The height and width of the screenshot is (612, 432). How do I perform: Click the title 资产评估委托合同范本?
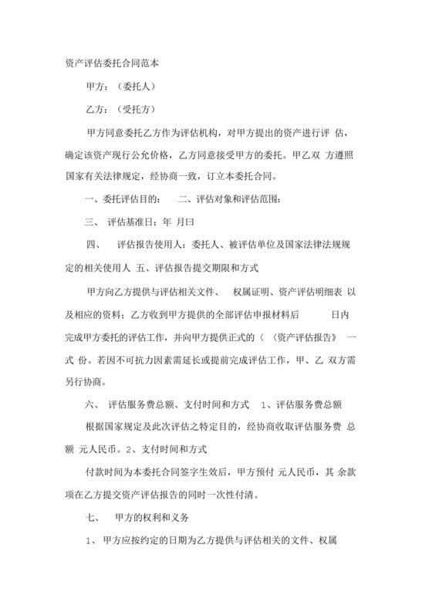(x=113, y=62)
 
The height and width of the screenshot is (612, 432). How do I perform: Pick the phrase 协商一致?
(x=207, y=175)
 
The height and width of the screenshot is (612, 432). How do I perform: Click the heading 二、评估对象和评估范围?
(x=230, y=201)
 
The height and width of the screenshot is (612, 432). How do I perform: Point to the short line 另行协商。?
(x=89, y=381)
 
